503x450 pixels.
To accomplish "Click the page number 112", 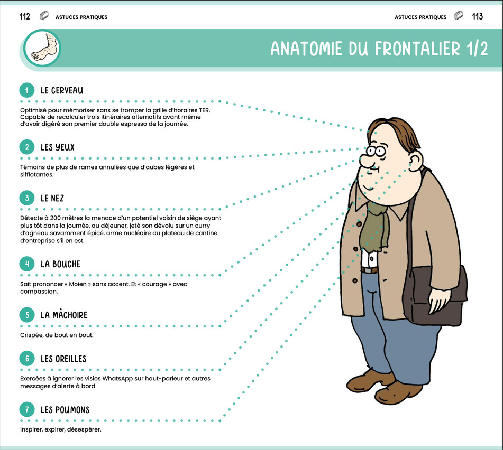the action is coord(25,16).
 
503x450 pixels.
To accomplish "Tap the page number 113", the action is coord(477,16).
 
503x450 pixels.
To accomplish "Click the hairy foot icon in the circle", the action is coord(44,48).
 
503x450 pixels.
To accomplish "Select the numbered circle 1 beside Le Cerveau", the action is coord(27,90).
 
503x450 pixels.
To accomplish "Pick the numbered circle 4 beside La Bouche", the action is coord(27,264).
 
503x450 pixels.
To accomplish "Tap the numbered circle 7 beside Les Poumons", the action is coord(27,410).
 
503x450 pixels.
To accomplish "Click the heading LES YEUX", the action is coord(58,147).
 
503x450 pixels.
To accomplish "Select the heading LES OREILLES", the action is coord(63,359).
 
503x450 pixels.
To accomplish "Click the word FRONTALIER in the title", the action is coord(417,49).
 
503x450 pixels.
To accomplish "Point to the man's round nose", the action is coord(365,160).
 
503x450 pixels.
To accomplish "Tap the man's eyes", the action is coord(376,151).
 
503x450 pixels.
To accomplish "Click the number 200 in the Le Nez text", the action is coord(56,218).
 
